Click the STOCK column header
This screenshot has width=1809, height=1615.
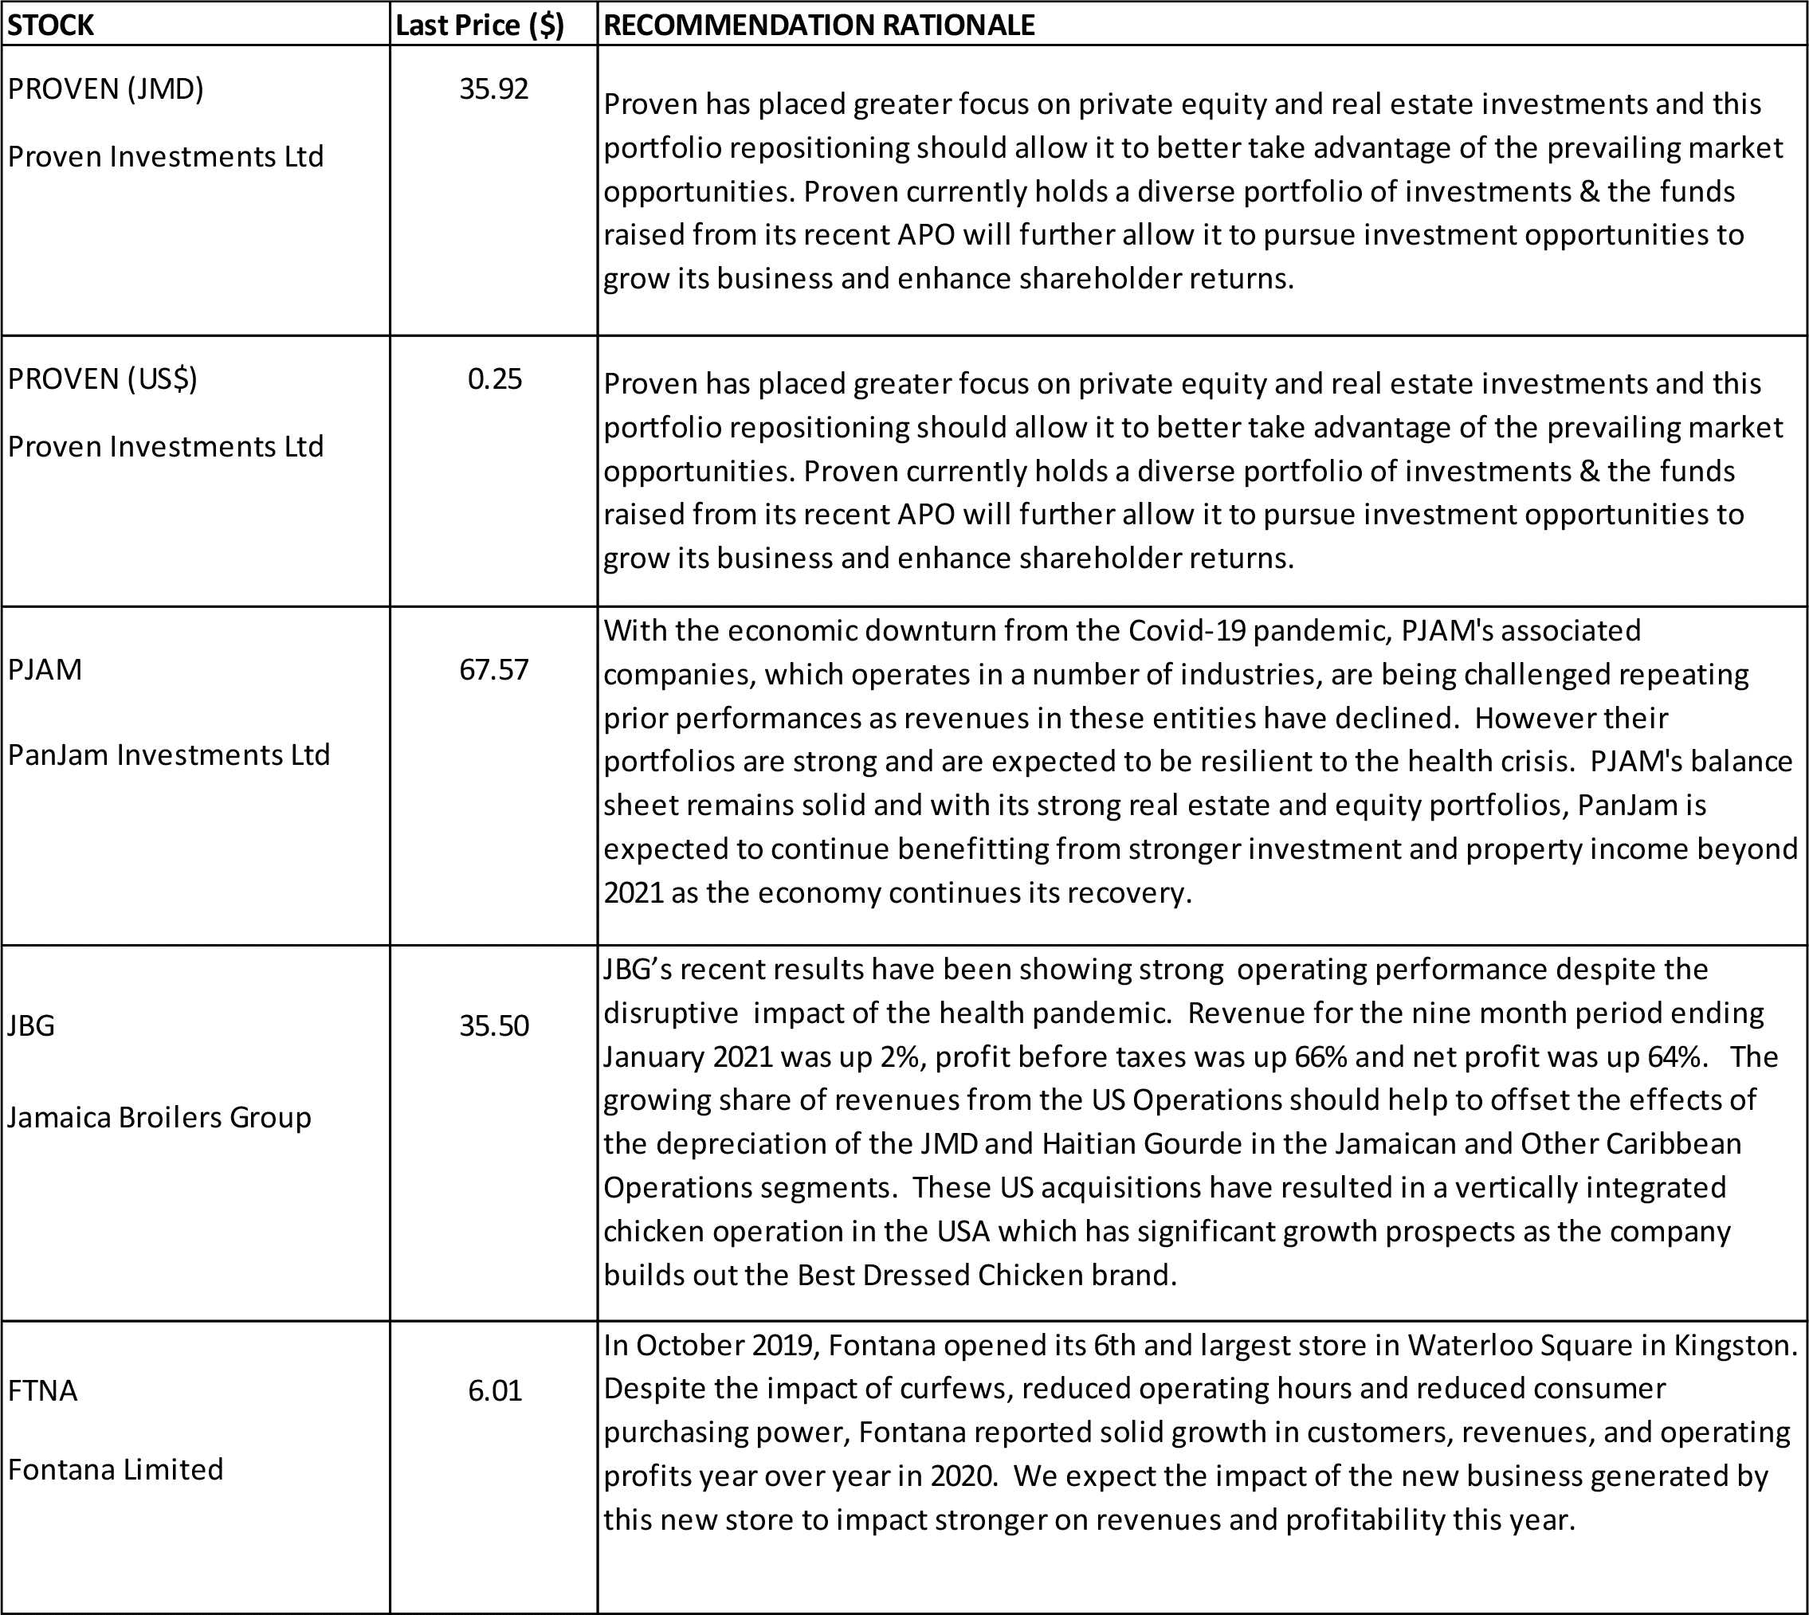coord(50,25)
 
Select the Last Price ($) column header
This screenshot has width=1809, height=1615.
coord(479,25)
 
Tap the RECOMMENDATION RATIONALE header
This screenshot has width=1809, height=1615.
coord(818,25)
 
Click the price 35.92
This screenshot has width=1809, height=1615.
coord(493,88)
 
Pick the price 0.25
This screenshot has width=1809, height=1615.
coord(494,379)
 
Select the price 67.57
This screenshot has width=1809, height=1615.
coord(493,669)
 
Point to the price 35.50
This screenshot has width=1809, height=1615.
coord(493,1025)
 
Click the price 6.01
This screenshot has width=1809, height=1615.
coord(494,1390)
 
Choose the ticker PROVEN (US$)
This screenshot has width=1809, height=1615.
coord(103,379)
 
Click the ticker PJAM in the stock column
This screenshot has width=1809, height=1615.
coord(45,669)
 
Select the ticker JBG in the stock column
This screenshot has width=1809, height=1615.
coord(31,1025)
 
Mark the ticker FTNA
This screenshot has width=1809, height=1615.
coord(42,1390)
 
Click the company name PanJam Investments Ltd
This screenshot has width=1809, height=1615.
coord(169,755)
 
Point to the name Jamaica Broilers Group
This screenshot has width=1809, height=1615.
coord(159,1116)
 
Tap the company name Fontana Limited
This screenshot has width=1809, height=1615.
coord(116,1469)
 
